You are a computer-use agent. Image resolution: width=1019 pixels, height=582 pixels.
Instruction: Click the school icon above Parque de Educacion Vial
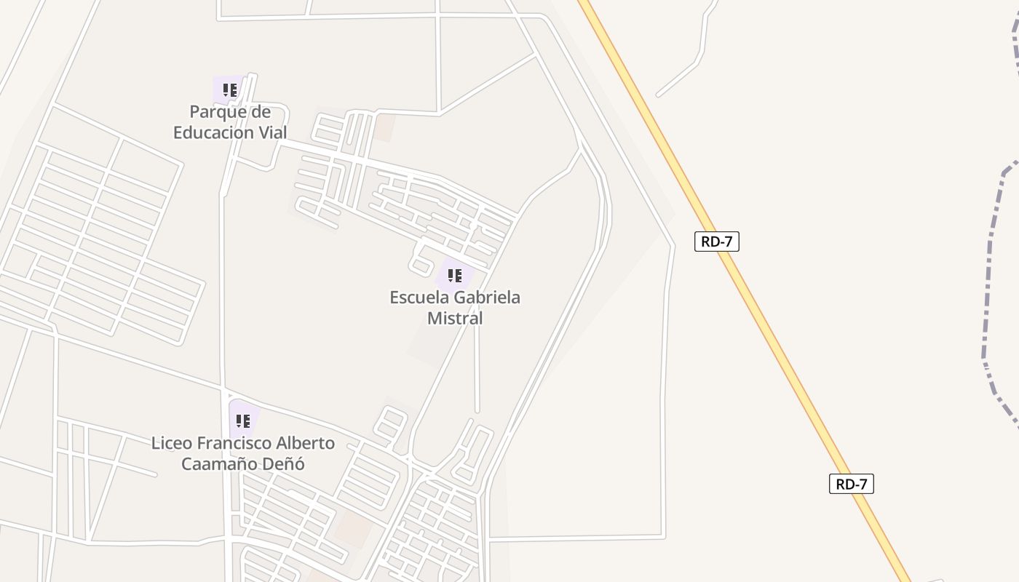click(x=230, y=90)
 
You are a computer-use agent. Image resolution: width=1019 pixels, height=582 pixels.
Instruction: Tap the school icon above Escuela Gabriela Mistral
click(x=455, y=276)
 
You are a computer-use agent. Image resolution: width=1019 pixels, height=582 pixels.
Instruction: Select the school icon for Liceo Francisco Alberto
click(x=243, y=421)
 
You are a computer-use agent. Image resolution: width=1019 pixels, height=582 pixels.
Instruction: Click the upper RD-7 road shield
click(x=716, y=242)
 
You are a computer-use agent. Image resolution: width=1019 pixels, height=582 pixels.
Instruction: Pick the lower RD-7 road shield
click(x=851, y=484)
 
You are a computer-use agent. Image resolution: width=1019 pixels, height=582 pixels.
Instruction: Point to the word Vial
click(x=271, y=133)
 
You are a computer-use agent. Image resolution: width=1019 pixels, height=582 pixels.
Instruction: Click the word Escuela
click(x=419, y=298)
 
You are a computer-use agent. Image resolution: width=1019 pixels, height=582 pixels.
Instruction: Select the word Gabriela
click(x=487, y=298)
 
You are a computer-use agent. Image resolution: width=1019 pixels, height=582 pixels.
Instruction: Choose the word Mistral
click(x=455, y=319)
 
